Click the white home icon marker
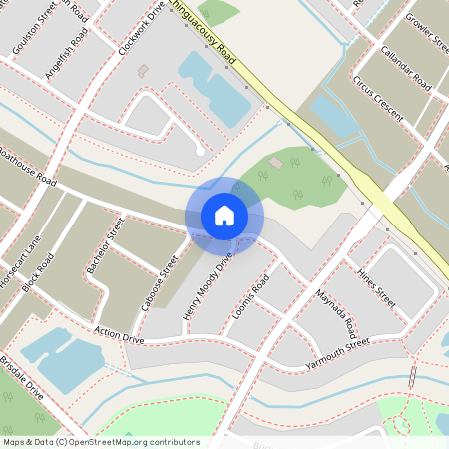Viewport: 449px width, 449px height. [224, 215]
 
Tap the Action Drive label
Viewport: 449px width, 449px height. [119, 336]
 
